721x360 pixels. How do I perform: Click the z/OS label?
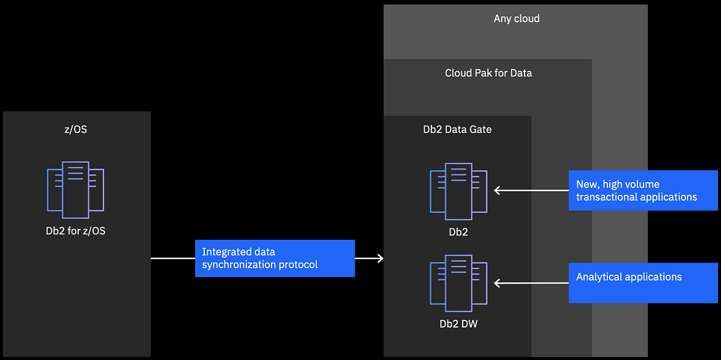pos(75,129)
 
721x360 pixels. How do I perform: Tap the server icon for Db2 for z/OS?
pos(75,189)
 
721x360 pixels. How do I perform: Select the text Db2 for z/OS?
pos(75,231)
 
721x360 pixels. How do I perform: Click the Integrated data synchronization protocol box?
pos(275,258)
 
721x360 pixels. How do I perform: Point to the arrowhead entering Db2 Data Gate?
pos(380,258)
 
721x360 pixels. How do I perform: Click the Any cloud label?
pos(516,19)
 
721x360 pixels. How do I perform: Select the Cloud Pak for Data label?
pos(488,73)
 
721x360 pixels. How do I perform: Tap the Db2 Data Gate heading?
pos(457,129)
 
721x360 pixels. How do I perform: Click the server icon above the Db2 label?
pos(458,191)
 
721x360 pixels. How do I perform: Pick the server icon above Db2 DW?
pos(458,282)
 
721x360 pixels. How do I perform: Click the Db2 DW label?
pos(458,324)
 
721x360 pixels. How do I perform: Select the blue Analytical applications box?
pos(643,282)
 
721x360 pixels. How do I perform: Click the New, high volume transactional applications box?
pos(643,191)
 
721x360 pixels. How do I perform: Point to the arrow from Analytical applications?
pos(531,282)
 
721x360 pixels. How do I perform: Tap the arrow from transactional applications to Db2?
pos(531,191)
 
